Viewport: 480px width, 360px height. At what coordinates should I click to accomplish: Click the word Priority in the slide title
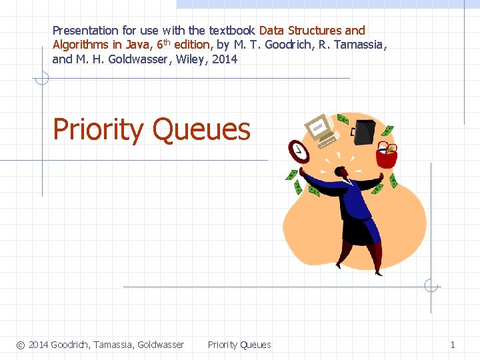click(x=97, y=129)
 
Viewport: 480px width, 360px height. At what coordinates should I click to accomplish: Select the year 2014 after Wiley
click(x=225, y=59)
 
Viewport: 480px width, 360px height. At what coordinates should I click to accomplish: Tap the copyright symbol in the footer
click(x=21, y=345)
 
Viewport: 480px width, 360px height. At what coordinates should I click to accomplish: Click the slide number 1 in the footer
click(x=453, y=345)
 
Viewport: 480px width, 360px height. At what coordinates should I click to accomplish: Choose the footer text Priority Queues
click(x=239, y=345)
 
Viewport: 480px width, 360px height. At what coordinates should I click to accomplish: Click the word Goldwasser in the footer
click(x=161, y=345)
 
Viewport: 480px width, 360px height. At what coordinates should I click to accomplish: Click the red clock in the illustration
click(x=299, y=151)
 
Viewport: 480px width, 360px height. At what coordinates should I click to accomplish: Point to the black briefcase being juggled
click(x=364, y=131)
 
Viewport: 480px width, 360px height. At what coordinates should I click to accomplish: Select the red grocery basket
click(x=386, y=155)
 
